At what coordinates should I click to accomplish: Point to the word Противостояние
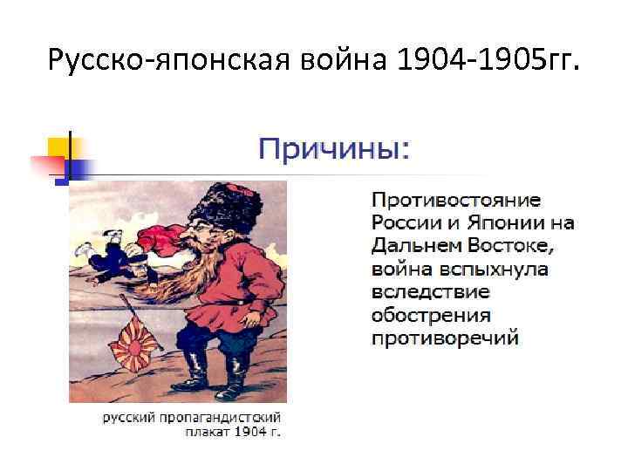pyautogui.click(x=455, y=201)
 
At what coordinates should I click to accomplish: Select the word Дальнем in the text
pyautogui.click(x=419, y=245)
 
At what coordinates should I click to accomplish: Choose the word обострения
pyautogui.click(x=431, y=313)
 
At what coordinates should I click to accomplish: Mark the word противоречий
pyautogui.click(x=445, y=336)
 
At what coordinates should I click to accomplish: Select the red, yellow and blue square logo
pyautogui.click(x=58, y=157)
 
